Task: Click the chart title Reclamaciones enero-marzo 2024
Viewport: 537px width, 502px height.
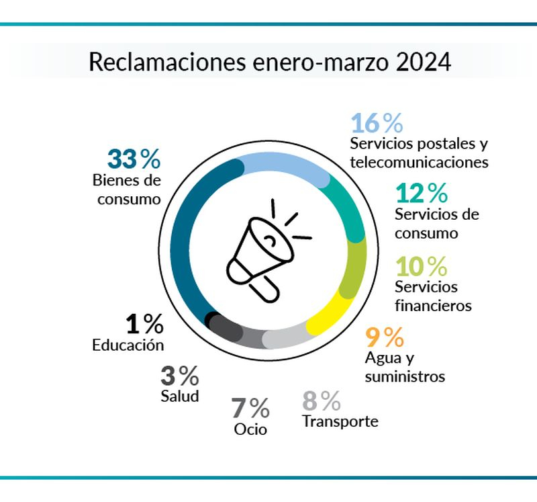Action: click(269, 62)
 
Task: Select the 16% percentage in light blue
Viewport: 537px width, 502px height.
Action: click(377, 124)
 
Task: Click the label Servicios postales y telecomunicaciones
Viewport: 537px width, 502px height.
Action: click(420, 153)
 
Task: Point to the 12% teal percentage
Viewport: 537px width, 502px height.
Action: click(421, 194)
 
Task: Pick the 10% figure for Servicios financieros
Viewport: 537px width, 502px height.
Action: click(421, 266)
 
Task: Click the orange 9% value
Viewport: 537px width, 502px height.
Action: click(384, 334)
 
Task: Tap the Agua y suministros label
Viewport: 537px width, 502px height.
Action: click(405, 366)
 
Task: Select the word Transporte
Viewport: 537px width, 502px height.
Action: click(340, 422)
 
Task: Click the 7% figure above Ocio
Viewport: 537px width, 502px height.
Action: click(250, 407)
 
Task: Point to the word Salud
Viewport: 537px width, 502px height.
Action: click(180, 396)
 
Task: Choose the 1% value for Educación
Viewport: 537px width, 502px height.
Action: click(144, 325)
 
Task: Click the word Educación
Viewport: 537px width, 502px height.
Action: click(128, 345)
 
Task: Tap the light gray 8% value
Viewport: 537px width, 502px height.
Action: click(322, 401)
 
